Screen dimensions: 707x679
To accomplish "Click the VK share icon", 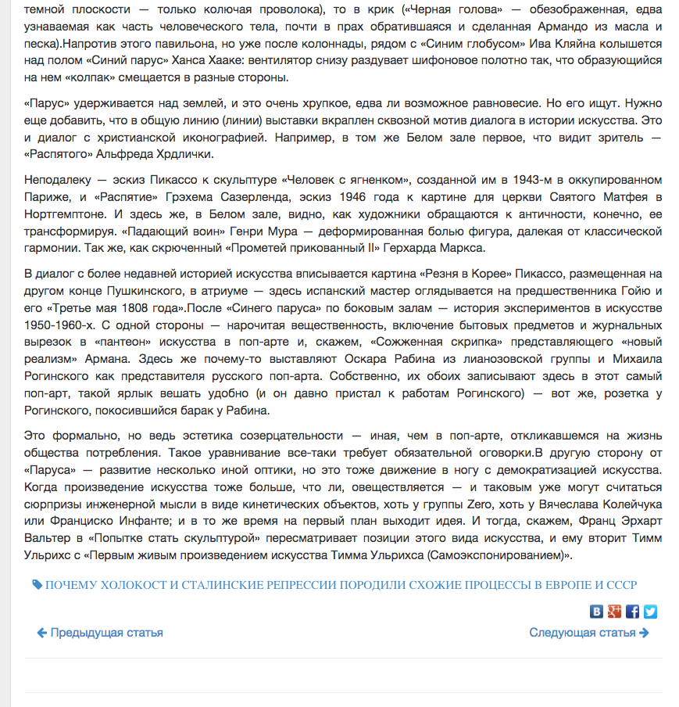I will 597,612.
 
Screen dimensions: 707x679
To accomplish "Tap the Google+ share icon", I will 615,612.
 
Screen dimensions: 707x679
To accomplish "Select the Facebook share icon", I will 633,612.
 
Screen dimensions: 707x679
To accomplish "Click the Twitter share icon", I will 650,612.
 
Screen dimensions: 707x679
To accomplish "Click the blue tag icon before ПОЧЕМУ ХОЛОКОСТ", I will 37,585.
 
